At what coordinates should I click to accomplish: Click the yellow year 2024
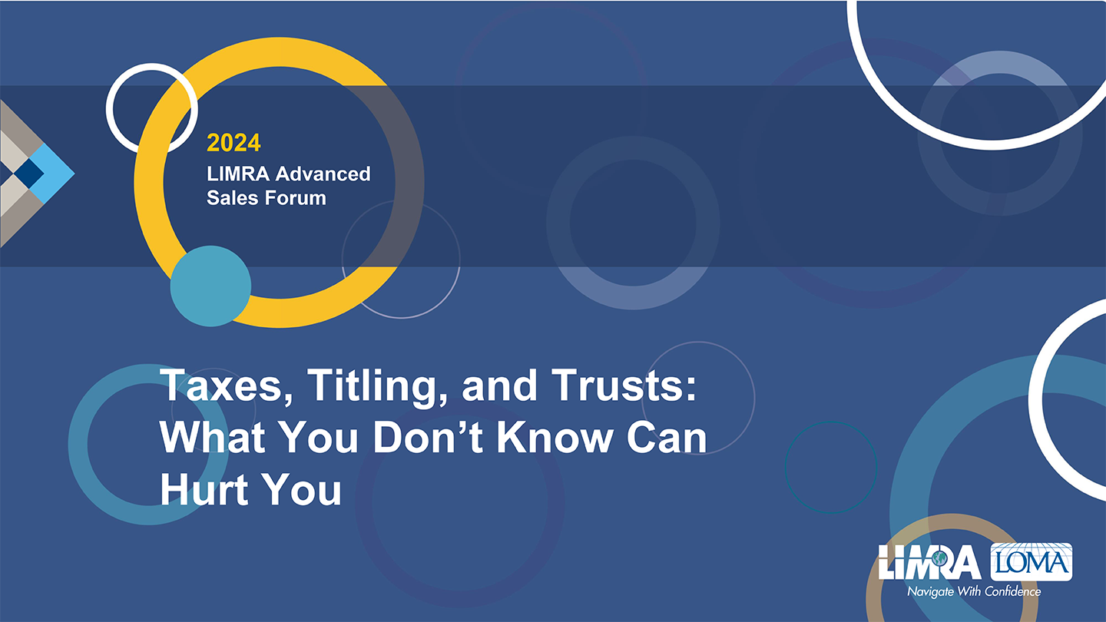[233, 143]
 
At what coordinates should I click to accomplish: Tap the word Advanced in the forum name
[323, 174]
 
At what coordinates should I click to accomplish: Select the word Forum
[296, 198]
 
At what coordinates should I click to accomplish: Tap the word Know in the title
[555, 437]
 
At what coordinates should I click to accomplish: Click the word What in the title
[213, 437]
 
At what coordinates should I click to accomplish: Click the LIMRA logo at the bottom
[929, 562]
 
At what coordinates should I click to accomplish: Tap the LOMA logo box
[1031, 562]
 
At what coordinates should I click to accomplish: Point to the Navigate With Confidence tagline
[974, 591]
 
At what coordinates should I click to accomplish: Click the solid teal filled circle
[210, 286]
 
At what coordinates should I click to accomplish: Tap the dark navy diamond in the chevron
[28, 174]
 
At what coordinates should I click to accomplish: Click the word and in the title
[499, 385]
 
